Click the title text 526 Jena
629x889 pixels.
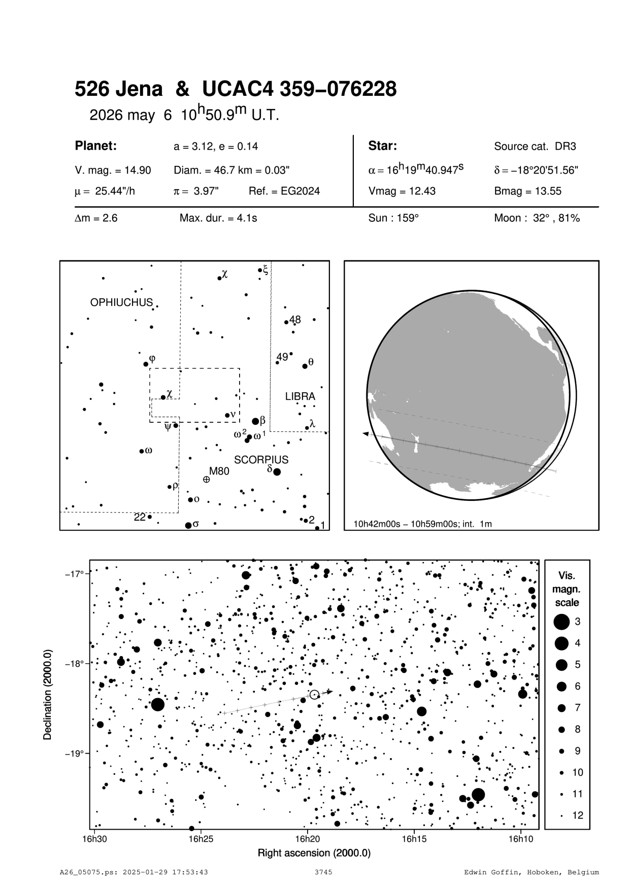119,89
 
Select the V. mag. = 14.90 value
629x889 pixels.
113,170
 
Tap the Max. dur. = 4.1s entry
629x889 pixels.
218,218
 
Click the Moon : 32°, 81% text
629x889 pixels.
537,218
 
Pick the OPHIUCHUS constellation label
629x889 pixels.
121,302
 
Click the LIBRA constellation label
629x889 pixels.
300,396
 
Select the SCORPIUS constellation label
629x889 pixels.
261,460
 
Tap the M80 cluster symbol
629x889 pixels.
207,479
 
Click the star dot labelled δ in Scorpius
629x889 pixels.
277,472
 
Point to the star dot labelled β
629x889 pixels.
255,421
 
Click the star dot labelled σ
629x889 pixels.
188,525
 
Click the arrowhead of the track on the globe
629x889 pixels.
365,434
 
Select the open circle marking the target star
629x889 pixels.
314,694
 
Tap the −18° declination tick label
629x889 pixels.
73,663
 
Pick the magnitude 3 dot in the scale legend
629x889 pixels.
561,622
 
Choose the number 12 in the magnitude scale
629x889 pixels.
578,815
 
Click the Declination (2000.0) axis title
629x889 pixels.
48,694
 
